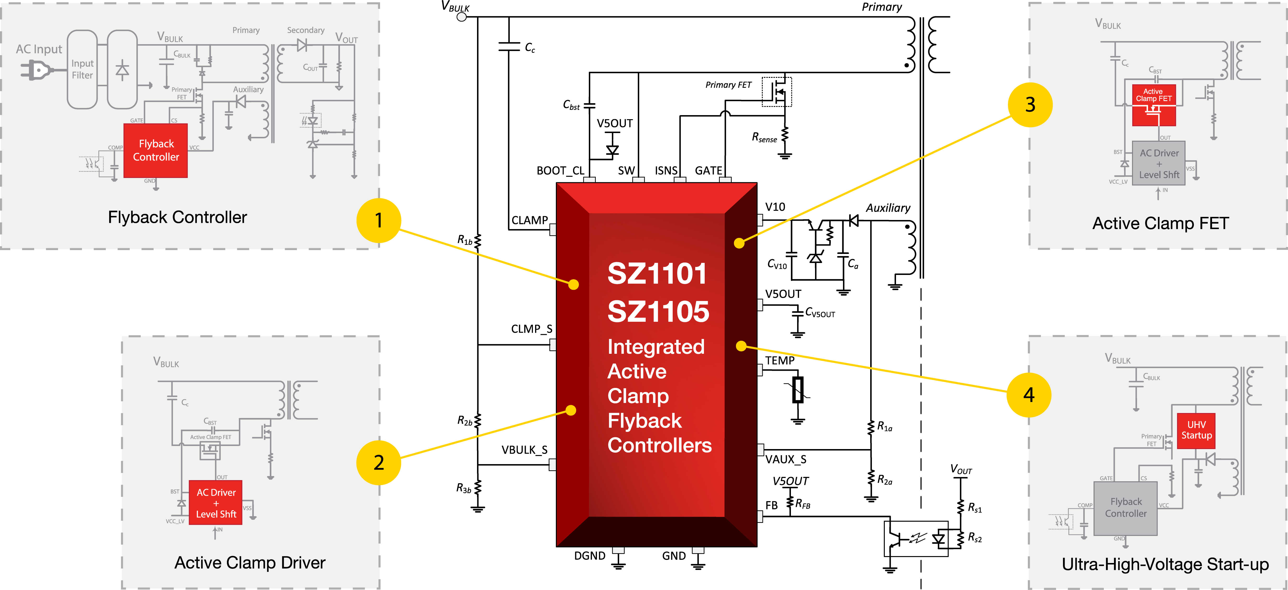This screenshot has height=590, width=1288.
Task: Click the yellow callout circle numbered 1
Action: pos(379,220)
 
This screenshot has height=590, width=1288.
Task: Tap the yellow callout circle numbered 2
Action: pos(379,462)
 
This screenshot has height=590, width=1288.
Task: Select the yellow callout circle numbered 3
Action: pos(1030,104)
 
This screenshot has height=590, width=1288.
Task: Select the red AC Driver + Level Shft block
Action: pos(215,503)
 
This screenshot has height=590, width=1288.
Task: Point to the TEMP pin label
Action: pos(779,360)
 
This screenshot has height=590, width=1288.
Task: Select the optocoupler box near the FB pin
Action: pos(916,538)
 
